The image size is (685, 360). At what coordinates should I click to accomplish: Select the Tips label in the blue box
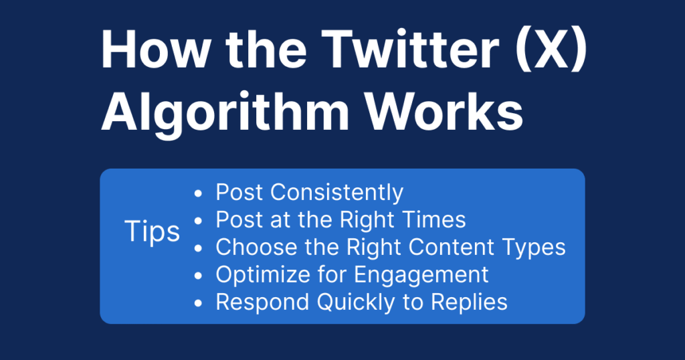153,232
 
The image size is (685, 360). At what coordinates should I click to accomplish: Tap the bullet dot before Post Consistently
197,194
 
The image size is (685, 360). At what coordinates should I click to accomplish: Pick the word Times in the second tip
434,219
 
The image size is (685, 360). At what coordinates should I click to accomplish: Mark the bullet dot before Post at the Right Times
197,221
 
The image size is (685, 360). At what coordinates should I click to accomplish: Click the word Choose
252,247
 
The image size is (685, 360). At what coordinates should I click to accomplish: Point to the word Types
532,248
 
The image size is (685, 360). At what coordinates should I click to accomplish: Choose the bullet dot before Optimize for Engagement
197,276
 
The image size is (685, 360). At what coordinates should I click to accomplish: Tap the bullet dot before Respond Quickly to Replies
197,303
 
